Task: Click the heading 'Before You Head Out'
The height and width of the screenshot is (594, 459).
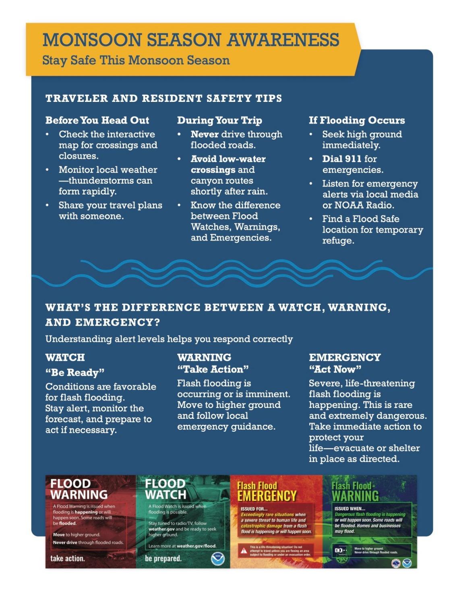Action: pos(97,120)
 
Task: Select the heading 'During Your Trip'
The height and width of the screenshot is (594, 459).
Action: pos(219,120)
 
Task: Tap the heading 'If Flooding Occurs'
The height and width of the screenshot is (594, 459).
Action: pos(357,120)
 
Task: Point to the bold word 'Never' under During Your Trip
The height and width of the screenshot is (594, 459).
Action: pos(205,134)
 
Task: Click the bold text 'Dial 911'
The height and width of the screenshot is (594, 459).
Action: pos(341,159)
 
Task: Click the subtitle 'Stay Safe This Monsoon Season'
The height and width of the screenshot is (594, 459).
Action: pos(136,60)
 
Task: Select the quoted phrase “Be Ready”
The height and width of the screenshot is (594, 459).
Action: pos(75,372)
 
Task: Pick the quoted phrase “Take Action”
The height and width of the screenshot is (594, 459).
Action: pos(213,369)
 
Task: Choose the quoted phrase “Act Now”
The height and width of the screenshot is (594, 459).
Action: pos(335,369)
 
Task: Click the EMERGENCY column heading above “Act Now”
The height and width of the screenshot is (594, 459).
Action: pos(345,357)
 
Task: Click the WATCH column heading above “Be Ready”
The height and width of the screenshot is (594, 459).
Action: pos(65,357)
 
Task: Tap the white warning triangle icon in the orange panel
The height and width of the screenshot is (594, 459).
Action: pos(244,551)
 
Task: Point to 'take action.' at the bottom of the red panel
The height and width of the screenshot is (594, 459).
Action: pos(68,559)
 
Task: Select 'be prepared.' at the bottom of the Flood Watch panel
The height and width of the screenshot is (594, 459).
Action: pos(163,559)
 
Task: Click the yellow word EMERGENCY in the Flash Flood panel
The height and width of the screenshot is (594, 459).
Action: pos(267,496)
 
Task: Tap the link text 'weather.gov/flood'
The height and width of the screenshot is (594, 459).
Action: pos(196,546)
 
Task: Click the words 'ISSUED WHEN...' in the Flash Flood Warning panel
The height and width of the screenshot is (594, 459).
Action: pos(349,509)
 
